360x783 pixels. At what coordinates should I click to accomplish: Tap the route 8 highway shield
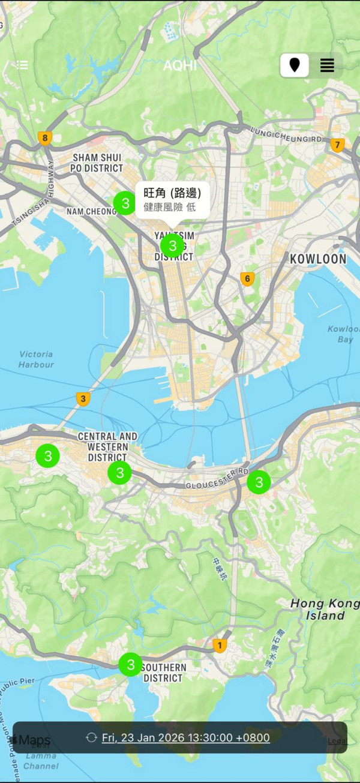click(44, 138)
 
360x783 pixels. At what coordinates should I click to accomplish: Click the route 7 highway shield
click(337, 145)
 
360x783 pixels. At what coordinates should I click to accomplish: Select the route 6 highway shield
click(247, 279)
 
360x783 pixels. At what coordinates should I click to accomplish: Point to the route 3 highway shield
click(83, 398)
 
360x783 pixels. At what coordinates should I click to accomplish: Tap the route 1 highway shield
click(220, 646)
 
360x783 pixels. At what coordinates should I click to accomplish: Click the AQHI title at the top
click(180, 65)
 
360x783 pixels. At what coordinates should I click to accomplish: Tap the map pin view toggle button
click(295, 65)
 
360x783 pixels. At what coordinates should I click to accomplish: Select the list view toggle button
click(327, 65)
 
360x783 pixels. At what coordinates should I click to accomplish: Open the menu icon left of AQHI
click(22, 65)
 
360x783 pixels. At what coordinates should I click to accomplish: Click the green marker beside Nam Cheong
click(125, 203)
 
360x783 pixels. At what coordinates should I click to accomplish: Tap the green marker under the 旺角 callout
click(172, 245)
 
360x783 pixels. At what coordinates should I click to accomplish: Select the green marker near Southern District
click(130, 664)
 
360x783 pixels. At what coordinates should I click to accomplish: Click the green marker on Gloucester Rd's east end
click(259, 482)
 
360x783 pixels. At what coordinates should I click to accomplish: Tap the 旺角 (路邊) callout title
click(172, 193)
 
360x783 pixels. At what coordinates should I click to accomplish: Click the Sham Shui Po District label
click(97, 163)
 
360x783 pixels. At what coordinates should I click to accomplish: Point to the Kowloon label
click(318, 259)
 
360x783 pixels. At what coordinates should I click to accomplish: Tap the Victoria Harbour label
click(36, 359)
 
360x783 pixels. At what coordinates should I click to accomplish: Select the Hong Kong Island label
click(318, 609)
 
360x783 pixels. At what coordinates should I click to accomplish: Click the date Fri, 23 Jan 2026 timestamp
click(186, 737)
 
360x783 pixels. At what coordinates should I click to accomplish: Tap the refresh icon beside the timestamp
click(92, 737)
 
